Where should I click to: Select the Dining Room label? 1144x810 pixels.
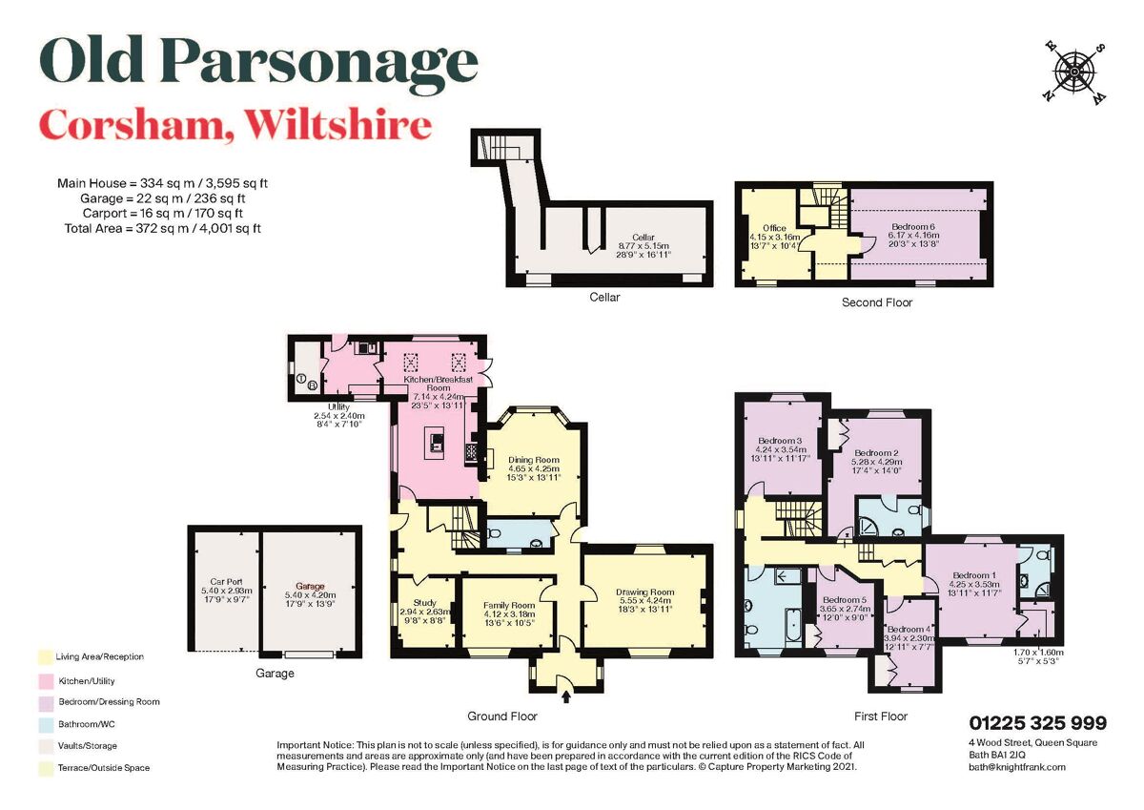[533, 458]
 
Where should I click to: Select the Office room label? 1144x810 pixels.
[775, 228]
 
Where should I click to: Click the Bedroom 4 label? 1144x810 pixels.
[906, 630]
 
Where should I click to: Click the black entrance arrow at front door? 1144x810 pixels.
[566, 697]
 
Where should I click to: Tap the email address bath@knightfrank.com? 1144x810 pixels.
[1016, 766]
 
